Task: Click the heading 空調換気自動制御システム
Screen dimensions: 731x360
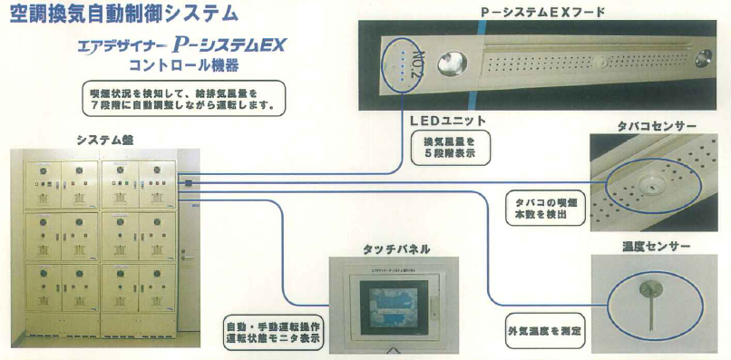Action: point(125,14)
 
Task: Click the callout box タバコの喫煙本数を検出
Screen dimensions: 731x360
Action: point(541,208)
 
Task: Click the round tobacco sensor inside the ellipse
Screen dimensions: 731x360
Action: point(650,184)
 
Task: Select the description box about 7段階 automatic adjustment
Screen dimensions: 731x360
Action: point(181,100)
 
